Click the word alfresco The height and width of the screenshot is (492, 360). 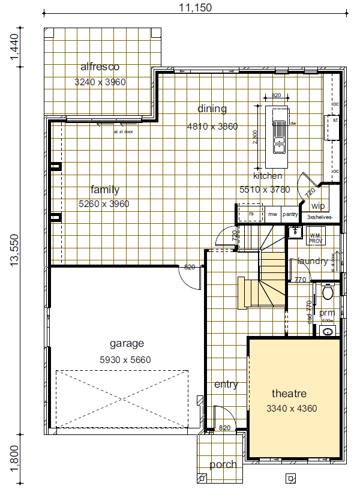100,67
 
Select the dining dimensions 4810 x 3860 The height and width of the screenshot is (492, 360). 212,127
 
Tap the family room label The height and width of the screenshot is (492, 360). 104,190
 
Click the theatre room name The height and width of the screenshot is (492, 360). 289,394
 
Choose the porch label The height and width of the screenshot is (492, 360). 223,464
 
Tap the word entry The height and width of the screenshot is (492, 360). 226,384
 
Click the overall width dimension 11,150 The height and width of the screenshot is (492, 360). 195,8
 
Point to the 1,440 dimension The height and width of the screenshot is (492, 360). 14,46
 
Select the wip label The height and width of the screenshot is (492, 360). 318,206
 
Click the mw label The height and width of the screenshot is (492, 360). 272,214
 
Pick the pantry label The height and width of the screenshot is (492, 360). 290,214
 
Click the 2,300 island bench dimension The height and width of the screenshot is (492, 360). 256,138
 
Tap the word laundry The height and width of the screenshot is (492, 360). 313,261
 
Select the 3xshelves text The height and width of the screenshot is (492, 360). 319,217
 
